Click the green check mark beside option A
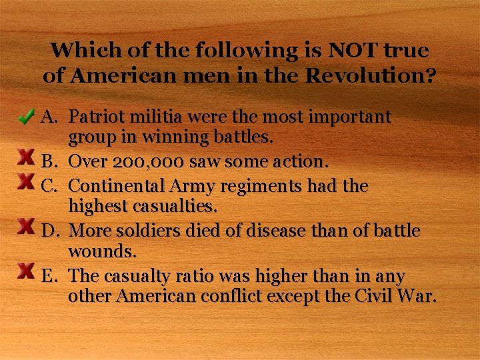(x=27, y=118)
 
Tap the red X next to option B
(x=26, y=157)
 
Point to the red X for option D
(x=26, y=226)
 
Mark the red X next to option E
(x=26, y=270)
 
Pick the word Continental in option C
(x=116, y=185)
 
